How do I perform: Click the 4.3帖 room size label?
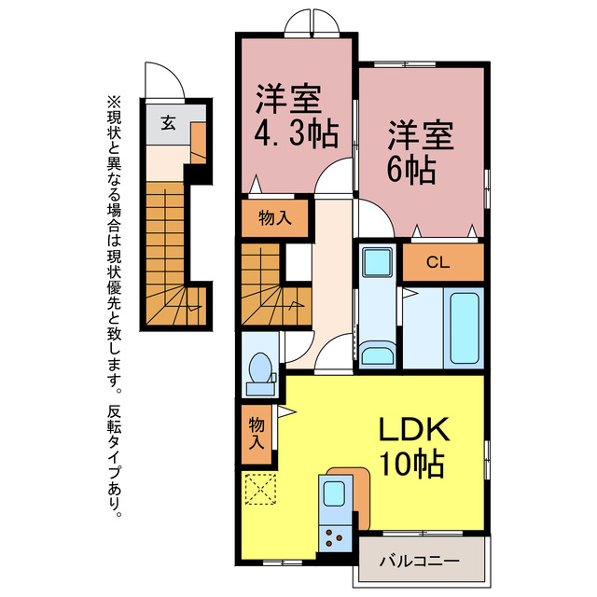click(297, 134)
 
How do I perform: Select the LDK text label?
click(414, 429)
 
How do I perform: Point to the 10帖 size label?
click(412, 464)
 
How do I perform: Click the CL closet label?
click(437, 262)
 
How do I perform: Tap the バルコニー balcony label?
click(419, 562)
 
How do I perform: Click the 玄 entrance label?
click(168, 122)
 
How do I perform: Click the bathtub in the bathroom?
click(465, 328)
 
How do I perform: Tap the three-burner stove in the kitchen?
click(335, 538)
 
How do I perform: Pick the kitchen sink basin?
click(334, 493)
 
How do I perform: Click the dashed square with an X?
click(261, 489)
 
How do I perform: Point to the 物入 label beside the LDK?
click(257, 433)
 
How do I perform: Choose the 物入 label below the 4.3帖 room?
click(275, 218)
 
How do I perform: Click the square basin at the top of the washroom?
click(377, 263)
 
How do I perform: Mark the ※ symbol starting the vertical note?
click(114, 102)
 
